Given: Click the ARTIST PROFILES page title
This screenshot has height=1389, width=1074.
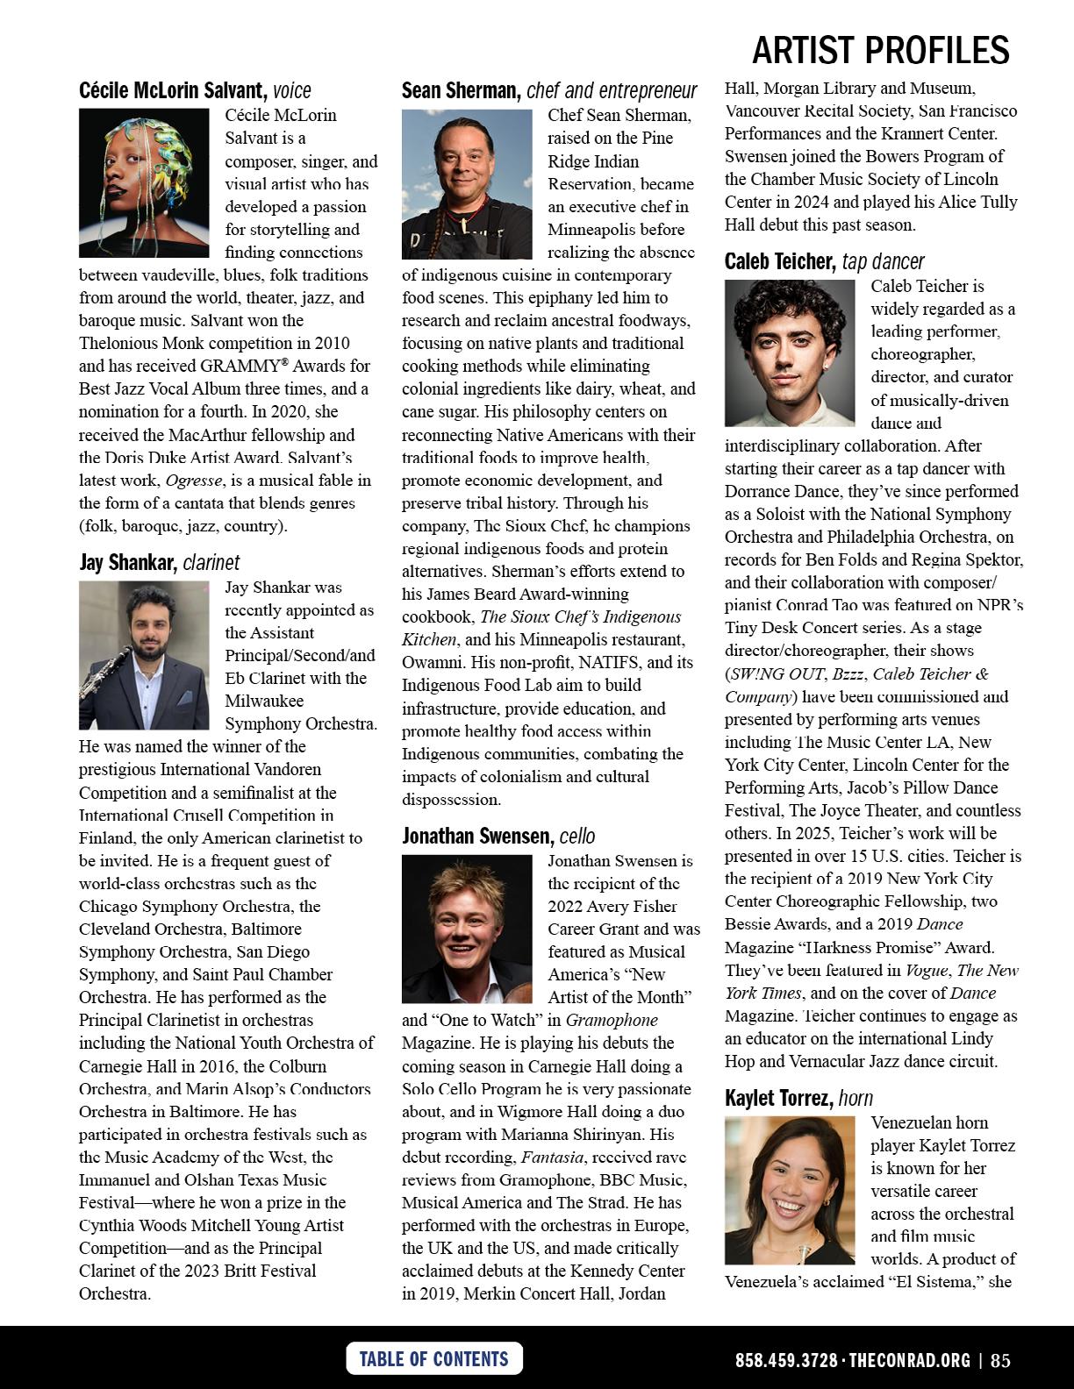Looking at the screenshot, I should coord(880,51).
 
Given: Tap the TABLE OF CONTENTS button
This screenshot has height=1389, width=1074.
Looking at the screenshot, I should coord(433,1359).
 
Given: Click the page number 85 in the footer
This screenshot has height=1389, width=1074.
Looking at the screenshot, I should coord(1000,1361).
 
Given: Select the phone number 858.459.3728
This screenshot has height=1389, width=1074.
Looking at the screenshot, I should coord(786,1361).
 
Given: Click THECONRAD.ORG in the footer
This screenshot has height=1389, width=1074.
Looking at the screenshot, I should coord(910,1361).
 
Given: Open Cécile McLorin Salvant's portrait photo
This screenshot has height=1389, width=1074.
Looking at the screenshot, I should coord(144,182).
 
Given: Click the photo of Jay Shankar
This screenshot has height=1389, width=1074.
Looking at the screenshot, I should coord(144,655).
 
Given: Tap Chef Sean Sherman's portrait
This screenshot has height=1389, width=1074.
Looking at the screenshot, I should coord(467,183).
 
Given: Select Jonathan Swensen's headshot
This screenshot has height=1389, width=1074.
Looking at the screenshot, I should coord(467,929).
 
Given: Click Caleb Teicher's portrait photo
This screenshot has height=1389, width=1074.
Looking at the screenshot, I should coord(789,353).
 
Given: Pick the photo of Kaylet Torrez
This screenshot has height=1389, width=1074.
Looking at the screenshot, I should coord(789,1189).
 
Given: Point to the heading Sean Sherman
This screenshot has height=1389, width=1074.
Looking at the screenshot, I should coord(461,90).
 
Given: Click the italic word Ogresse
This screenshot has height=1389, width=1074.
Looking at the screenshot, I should coord(194,481).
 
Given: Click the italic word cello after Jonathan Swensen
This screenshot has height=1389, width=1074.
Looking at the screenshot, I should coord(577,836).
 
